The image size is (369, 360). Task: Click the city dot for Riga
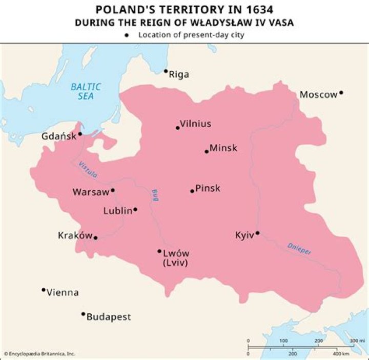166,71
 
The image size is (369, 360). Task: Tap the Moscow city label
318,94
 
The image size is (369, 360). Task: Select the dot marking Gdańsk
80,134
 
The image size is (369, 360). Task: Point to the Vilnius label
195,124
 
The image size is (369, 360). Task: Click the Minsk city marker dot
207,151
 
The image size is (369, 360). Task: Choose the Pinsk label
208,188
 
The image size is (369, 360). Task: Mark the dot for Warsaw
113,190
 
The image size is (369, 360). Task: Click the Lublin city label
117,210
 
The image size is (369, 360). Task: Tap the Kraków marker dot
95,238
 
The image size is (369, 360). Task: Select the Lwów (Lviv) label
176,257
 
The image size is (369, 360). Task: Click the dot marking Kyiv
257,233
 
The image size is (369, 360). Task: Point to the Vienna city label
63,293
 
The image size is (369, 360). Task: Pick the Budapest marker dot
83,314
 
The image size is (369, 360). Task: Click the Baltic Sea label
86,91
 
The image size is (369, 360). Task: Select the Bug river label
154,195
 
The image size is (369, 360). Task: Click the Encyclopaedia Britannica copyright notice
39,354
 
